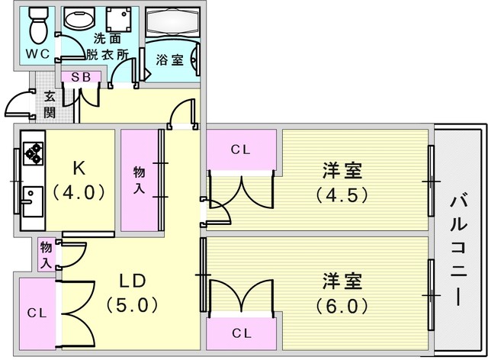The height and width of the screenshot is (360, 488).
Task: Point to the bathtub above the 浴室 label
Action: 171,22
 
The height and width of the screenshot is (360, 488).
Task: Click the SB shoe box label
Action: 82,77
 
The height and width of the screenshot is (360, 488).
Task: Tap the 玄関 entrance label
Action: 50,104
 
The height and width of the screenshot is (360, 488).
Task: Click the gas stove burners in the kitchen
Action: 34,155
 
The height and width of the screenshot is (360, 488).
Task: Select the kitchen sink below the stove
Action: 33,201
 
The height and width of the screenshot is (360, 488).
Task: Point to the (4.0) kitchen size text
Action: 79,192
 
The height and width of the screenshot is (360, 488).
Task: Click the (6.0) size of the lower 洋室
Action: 342,306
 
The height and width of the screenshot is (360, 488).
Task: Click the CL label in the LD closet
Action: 36,313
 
